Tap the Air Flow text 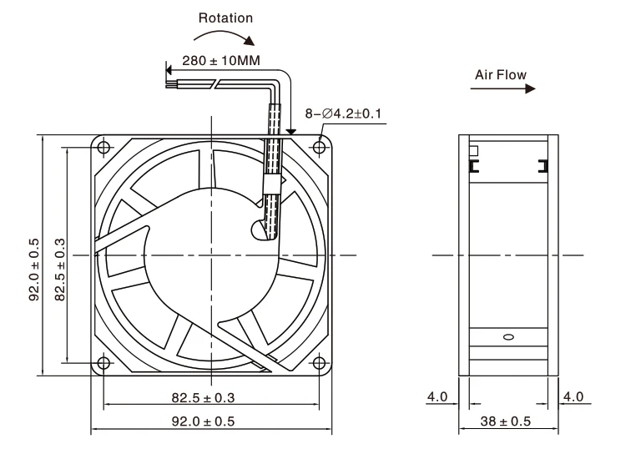[x=500, y=75]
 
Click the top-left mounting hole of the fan [x=103, y=147]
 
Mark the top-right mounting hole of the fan [x=320, y=147]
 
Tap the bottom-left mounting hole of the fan [x=103, y=363]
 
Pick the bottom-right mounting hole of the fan [x=320, y=363]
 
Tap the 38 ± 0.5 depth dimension [x=507, y=421]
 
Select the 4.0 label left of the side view [x=438, y=396]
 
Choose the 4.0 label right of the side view [x=573, y=396]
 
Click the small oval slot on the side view [x=509, y=337]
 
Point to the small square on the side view [x=474, y=151]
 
